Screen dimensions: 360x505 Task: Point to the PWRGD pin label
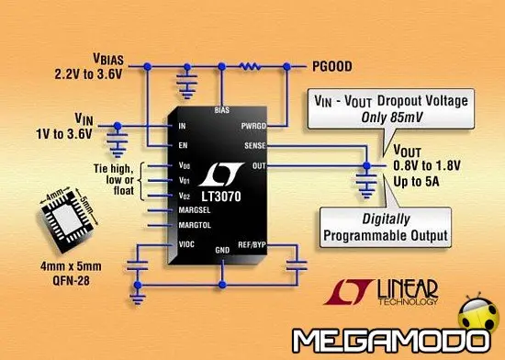click(x=254, y=126)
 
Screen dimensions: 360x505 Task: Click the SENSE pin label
click(x=256, y=145)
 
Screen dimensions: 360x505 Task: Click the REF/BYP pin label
click(x=252, y=245)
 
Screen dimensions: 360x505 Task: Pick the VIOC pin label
click(x=185, y=245)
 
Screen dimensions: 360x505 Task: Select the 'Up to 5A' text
click(x=397, y=182)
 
